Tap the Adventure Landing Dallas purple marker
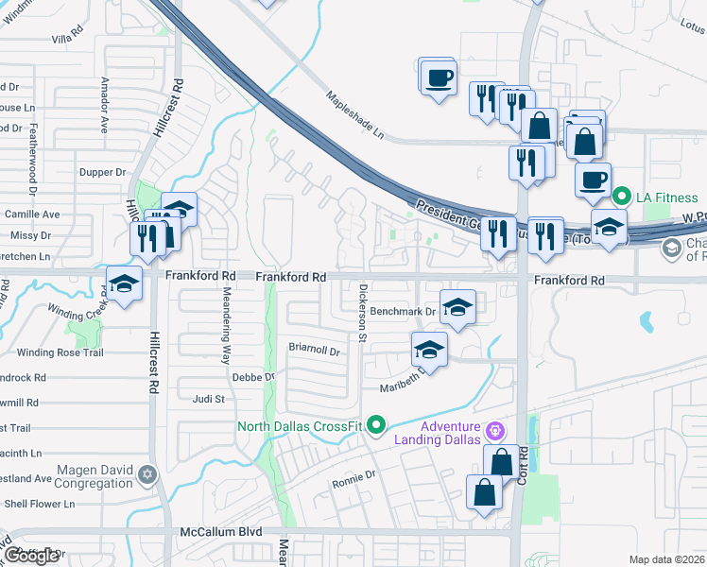(x=494, y=433)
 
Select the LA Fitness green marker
(x=621, y=198)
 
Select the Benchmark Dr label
(x=402, y=311)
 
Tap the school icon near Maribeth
(x=429, y=351)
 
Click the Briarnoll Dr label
(x=313, y=349)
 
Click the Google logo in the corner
(x=31, y=556)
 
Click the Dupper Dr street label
(x=103, y=173)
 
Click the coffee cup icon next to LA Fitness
(x=593, y=180)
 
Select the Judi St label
(x=208, y=399)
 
